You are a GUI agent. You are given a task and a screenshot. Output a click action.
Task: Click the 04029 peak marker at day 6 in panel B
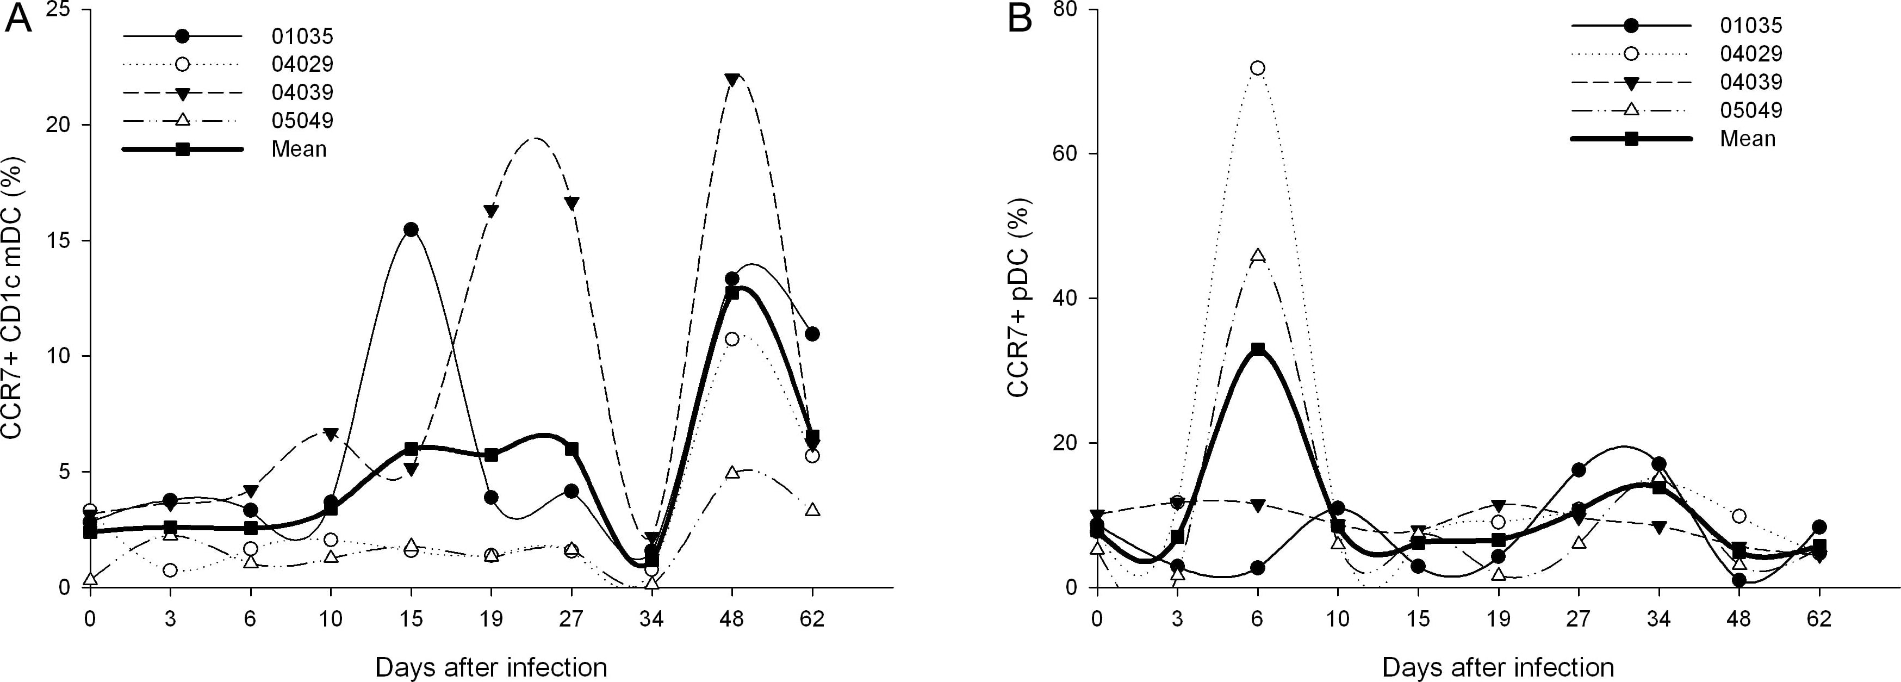tap(1258, 68)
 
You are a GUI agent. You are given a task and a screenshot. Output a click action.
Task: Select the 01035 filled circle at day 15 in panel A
tap(411, 230)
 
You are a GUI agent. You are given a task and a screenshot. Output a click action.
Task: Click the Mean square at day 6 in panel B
tap(1258, 349)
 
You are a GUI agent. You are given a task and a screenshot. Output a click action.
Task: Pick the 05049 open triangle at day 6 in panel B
tap(1258, 256)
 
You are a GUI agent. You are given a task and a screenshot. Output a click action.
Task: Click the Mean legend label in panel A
tap(299, 149)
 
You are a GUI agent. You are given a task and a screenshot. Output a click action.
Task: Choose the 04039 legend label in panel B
tap(1750, 82)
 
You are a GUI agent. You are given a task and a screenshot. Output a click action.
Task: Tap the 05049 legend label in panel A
tap(302, 120)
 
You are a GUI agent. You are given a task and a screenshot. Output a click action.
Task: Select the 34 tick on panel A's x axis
tap(651, 618)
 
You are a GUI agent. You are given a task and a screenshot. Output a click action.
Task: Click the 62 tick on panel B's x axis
tap(1819, 618)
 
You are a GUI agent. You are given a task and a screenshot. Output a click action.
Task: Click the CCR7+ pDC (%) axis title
tap(1019, 297)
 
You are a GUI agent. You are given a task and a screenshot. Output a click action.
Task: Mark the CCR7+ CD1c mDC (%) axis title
tap(13, 298)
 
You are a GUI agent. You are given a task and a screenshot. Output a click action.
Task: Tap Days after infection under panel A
tap(490, 667)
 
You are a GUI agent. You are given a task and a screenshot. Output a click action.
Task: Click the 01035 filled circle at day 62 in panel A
tap(812, 333)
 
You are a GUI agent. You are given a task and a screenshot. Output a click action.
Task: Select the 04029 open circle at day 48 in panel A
tap(731, 339)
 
